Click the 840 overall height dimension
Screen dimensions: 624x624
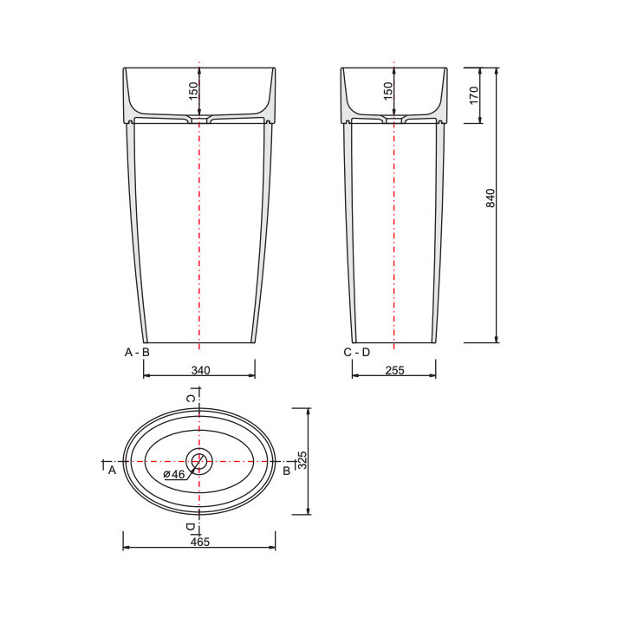point(491,198)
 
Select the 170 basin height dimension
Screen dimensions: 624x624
point(474,95)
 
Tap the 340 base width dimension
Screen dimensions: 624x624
point(200,371)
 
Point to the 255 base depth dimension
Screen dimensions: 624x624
point(395,371)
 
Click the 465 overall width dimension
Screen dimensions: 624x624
point(200,542)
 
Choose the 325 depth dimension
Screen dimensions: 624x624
point(302,460)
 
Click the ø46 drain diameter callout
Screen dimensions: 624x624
point(174,474)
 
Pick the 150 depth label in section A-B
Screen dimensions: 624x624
point(193,91)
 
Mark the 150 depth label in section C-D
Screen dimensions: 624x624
point(387,91)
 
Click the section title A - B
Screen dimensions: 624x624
point(137,352)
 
